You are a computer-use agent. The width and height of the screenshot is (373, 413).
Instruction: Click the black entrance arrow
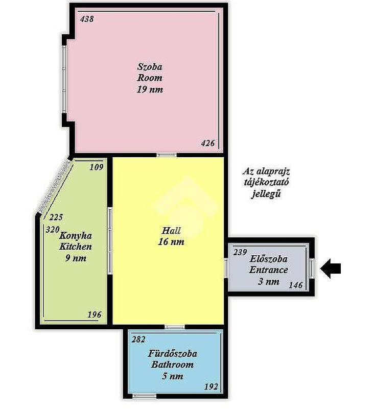pos(331,269)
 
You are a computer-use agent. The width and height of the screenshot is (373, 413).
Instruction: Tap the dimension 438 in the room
pos(87,19)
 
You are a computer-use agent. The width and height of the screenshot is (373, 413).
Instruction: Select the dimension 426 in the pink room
pos(208,143)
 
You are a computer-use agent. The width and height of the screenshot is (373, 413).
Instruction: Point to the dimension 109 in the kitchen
pos(97,167)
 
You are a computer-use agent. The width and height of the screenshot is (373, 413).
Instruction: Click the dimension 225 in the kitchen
pos(56,217)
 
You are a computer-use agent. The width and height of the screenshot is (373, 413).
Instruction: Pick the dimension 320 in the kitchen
pos(53,229)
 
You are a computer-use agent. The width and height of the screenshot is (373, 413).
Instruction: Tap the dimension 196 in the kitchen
pos(95,314)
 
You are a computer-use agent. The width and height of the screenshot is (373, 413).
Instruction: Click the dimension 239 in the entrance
pos(240,252)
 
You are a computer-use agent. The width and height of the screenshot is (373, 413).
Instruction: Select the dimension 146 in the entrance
pos(296,285)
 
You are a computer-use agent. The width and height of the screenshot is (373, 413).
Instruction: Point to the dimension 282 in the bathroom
pos(138,339)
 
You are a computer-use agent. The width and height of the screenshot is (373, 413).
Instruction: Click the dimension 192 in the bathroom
pos(212,386)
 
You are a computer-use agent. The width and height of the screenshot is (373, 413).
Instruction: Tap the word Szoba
pos(150,67)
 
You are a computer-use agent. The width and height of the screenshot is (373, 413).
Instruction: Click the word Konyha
pos(76,235)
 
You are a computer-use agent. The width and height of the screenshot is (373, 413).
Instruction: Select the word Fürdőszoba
pos(173,353)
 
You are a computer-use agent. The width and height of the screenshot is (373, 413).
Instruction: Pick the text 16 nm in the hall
pos(171,242)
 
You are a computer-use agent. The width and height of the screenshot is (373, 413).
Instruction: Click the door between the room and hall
pos(167,155)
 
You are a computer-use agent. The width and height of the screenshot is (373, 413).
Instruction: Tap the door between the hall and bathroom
pos(175,327)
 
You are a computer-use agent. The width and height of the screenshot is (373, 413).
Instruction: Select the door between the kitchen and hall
pos(110,241)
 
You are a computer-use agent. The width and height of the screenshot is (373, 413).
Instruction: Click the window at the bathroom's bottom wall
pos(145,396)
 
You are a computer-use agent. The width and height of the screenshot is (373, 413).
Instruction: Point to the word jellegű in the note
pos(266,194)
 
